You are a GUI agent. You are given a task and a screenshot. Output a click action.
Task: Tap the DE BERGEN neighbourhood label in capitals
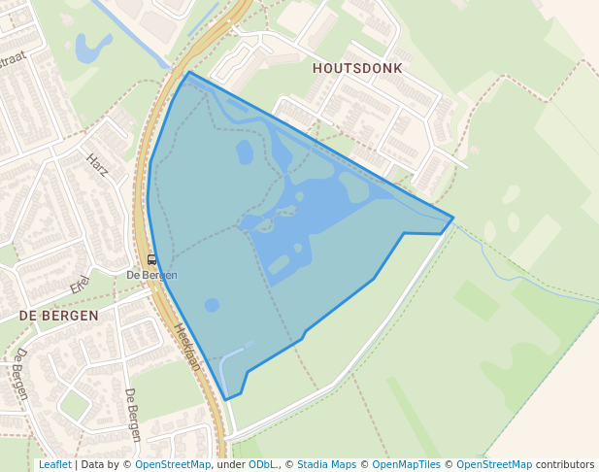58,316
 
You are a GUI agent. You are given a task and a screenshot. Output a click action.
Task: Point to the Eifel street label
80,285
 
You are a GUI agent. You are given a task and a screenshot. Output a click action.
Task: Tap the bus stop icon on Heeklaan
150,259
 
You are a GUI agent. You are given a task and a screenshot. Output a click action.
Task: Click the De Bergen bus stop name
151,275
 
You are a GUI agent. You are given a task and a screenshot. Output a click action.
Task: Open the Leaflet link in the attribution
54,465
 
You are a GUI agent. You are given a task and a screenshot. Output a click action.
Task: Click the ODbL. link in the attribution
262,465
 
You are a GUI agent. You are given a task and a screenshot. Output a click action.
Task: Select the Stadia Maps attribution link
326,465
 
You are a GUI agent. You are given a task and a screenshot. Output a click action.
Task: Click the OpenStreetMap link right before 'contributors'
494,465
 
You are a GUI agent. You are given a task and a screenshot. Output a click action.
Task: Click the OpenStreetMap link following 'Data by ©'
173,465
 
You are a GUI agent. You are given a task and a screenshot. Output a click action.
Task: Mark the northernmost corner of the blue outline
189,72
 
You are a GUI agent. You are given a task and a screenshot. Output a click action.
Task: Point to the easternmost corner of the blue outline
453,218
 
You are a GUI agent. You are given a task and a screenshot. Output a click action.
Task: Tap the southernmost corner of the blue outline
227,399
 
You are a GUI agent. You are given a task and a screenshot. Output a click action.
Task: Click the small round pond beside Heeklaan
212,305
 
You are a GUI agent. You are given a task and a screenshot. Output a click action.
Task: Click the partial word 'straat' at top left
13,60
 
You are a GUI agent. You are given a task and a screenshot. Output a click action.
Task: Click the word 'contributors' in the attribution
565,465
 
